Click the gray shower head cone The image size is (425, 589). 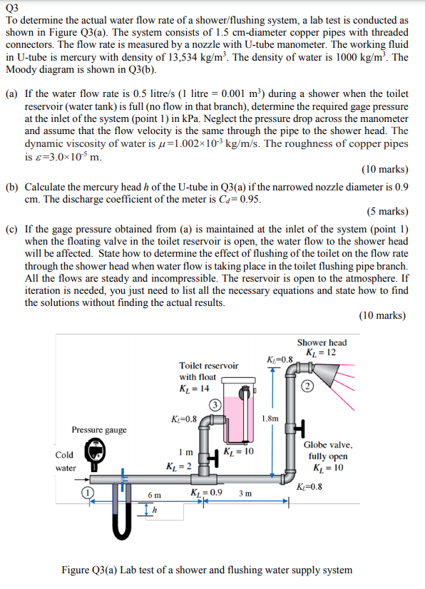tap(326, 371)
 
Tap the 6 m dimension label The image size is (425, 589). tap(154, 495)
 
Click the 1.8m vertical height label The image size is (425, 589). tap(270, 419)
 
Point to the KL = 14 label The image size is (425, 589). tap(194, 389)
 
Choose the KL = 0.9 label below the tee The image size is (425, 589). tap(207, 493)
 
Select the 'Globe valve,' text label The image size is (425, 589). tap(327, 444)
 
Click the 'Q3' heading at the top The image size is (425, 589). tap(12, 8)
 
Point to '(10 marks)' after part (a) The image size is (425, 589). tap(385, 169)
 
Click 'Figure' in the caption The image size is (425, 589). tap(78, 570)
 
